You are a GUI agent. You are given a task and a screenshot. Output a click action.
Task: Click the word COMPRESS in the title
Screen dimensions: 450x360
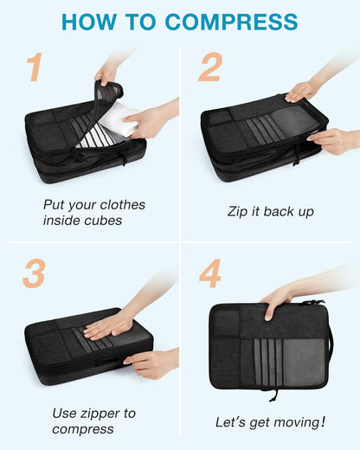point(232,22)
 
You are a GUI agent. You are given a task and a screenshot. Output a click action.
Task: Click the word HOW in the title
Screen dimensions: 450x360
point(90,22)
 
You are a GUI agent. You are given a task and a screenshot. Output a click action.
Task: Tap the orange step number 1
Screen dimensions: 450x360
point(34,67)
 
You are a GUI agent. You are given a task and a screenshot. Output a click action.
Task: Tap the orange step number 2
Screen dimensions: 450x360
point(210,67)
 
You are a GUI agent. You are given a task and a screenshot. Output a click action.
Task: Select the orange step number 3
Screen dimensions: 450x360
point(34,273)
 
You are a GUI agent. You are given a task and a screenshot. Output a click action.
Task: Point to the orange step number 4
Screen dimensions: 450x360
point(210,273)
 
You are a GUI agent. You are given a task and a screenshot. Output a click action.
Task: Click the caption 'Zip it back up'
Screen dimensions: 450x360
point(270,211)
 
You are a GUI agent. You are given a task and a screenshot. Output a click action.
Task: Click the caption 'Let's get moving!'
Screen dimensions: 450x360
point(270,421)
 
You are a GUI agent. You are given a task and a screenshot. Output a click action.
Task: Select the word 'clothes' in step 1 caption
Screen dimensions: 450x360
point(118,205)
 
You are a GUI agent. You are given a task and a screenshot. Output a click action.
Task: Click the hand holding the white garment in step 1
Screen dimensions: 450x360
point(151,120)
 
